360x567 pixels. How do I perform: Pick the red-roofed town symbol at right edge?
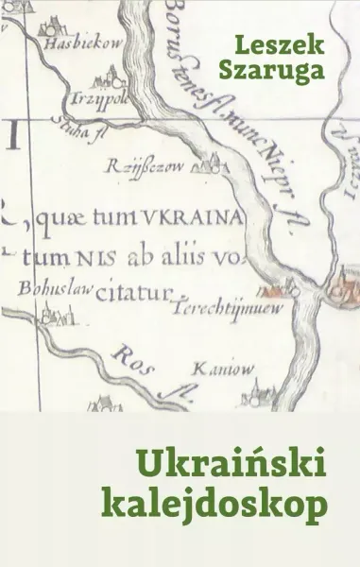[343, 282]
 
